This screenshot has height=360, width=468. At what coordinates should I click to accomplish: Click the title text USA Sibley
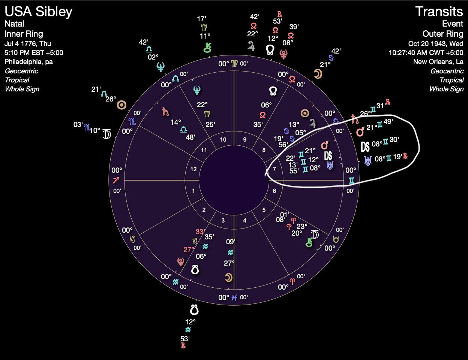pyautogui.click(x=38, y=12)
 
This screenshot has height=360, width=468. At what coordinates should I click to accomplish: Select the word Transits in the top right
pyautogui.click(x=439, y=12)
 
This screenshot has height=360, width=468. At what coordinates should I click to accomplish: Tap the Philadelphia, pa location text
pyautogui.click(x=28, y=62)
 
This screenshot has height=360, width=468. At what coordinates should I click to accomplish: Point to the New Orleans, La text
pyautogui.click(x=438, y=62)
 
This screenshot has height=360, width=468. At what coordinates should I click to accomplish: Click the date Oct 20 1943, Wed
pyautogui.click(x=436, y=43)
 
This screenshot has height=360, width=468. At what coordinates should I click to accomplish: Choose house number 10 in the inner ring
pyautogui.click(x=223, y=139)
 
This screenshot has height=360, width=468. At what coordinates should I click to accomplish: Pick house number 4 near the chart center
pyautogui.click(x=244, y=220)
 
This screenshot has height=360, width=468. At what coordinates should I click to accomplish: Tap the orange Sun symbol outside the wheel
pyautogui.click(x=121, y=105)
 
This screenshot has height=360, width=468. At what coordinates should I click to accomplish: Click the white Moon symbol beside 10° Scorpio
pyautogui.click(x=107, y=134)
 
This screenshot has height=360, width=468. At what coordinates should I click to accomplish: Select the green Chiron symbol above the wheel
pyautogui.click(x=207, y=48)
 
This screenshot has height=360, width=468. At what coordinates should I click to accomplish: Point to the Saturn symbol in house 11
pyautogui.click(x=165, y=111)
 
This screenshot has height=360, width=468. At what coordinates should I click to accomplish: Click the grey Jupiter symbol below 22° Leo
pyautogui.click(x=251, y=46)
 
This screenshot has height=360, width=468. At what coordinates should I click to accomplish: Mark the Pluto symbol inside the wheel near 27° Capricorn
pyautogui.click(x=181, y=261)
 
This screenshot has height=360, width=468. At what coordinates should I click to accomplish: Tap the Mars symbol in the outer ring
pyautogui.click(x=360, y=132)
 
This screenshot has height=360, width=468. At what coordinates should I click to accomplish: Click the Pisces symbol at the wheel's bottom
pyautogui.click(x=234, y=297)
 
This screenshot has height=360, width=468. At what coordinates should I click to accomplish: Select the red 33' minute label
pyautogui.click(x=199, y=232)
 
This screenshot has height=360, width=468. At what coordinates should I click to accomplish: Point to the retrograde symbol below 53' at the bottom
pyautogui.click(x=183, y=346)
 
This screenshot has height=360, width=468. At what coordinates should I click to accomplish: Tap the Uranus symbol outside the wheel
pyautogui.click(x=368, y=160)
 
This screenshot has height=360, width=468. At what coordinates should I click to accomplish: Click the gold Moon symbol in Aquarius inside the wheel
pyautogui.click(x=228, y=277)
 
